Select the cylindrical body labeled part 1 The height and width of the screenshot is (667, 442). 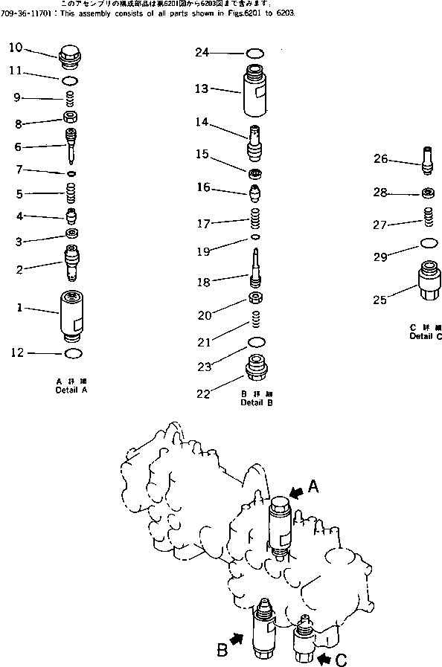(73, 315)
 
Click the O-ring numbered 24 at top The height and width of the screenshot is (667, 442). (254, 52)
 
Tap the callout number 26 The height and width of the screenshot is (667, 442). (380, 158)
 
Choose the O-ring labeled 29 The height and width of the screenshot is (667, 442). (428, 243)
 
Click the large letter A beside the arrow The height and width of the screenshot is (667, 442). (313, 486)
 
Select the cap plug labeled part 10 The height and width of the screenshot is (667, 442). (71, 54)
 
